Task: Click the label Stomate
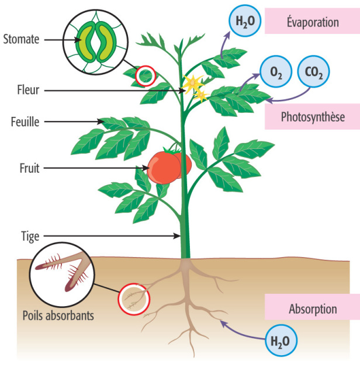point(20,40)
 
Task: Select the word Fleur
point(27,91)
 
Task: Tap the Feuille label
point(25,122)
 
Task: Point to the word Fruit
point(28,168)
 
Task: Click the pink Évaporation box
point(312,22)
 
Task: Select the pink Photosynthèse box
point(312,117)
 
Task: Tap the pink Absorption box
point(312,308)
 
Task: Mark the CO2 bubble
point(313,72)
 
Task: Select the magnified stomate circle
point(94,41)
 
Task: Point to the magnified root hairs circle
point(61,274)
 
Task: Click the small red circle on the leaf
point(145,75)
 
